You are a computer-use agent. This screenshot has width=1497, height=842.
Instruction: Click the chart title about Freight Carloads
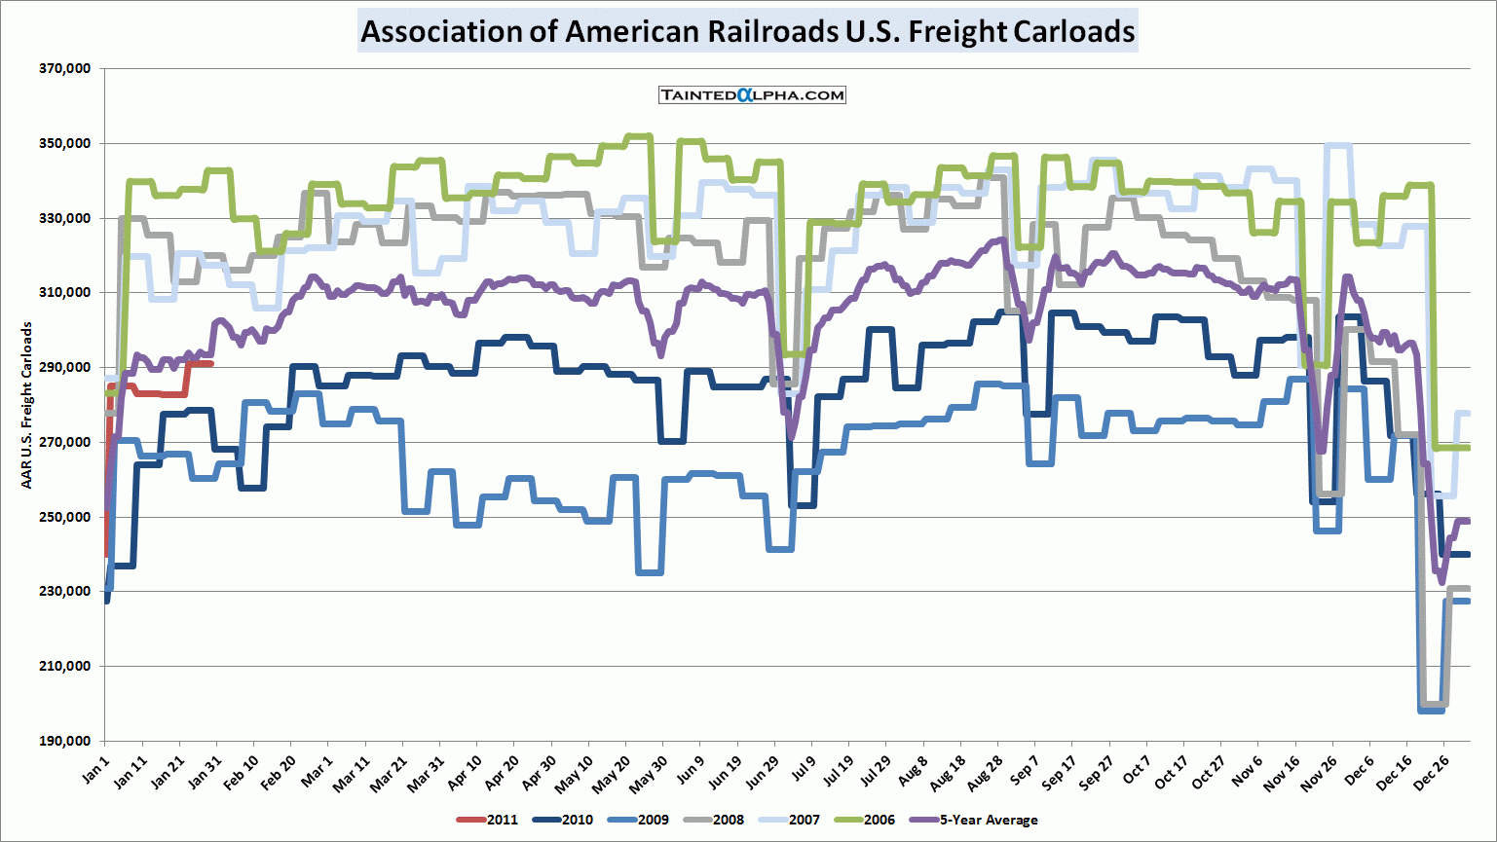747,31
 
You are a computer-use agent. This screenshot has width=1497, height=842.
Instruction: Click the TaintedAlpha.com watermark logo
752,94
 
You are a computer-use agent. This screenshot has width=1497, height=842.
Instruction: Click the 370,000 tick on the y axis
65,69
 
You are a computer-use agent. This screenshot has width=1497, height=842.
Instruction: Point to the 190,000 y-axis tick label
65,741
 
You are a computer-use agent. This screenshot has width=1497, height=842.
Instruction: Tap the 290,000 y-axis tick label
65,368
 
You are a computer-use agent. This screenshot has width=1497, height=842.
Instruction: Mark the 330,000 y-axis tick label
65,218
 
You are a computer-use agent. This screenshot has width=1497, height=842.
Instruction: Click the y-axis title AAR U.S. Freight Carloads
27,405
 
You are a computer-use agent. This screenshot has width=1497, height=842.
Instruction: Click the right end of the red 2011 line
211,363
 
